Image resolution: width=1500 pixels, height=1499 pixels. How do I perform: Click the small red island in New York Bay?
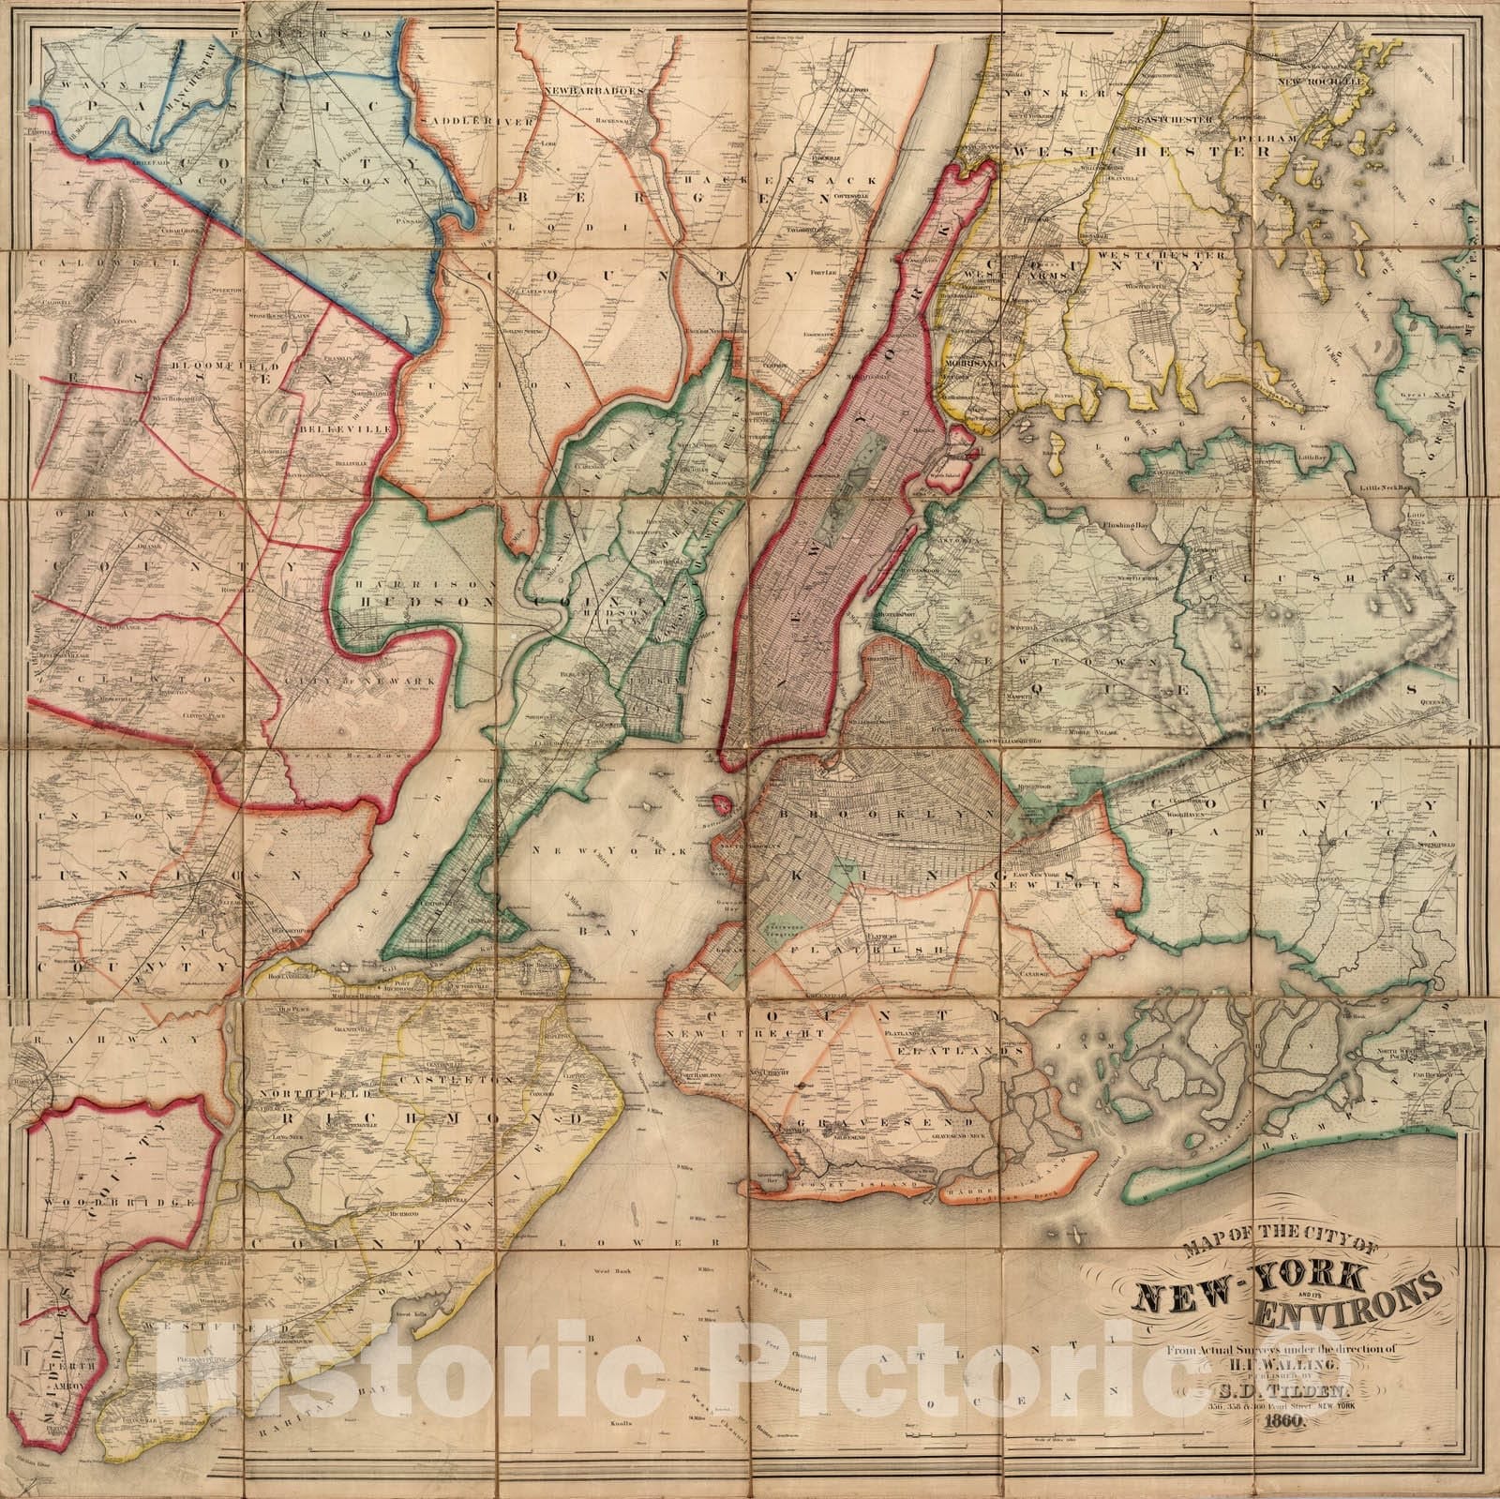pos(721,803)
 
